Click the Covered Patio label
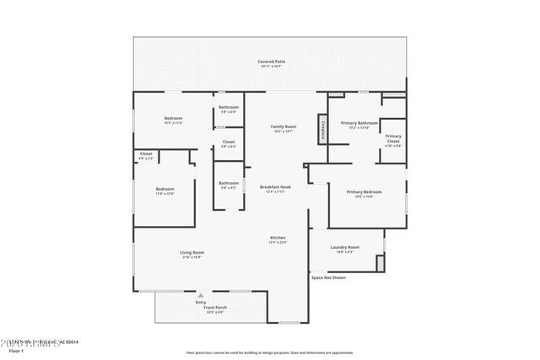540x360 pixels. click(x=270, y=62)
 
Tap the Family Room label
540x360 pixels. click(x=283, y=127)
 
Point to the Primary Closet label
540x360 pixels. click(x=393, y=140)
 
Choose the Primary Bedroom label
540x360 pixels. click(x=364, y=193)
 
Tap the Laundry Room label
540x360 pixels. click(x=346, y=248)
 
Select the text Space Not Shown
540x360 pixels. click(x=328, y=277)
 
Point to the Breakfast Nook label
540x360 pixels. click(x=275, y=188)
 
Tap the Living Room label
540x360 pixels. click(x=192, y=254)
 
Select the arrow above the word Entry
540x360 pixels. click(x=201, y=296)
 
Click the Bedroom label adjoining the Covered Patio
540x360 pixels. click(x=173, y=120)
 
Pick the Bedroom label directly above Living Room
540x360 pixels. click(x=165, y=190)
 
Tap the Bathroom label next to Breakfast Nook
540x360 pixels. click(x=229, y=185)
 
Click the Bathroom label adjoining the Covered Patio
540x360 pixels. click(x=229, y=109)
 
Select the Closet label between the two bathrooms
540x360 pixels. click(x=229, y=143)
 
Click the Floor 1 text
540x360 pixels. click(x=17, y=350)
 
